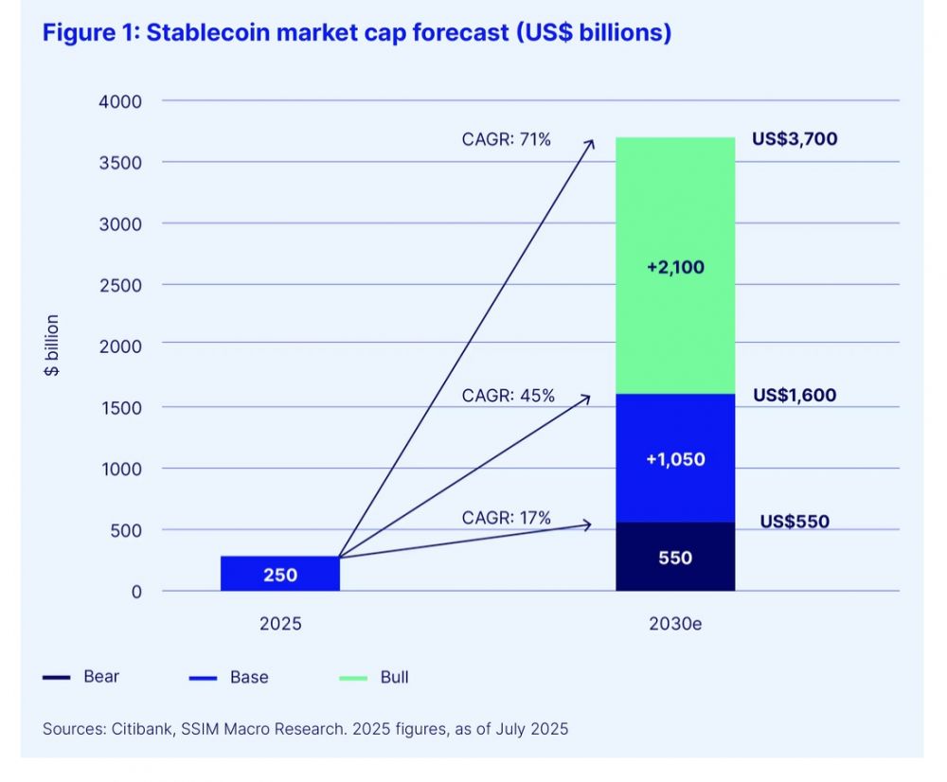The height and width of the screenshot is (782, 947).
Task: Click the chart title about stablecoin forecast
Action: [356, 33]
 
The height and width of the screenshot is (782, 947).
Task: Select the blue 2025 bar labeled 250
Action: [280, 574]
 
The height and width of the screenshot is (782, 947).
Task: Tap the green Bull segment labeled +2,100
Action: [675, 266]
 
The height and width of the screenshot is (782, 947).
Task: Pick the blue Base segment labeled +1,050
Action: [675, 459]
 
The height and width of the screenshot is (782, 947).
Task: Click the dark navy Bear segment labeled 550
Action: [675, 558]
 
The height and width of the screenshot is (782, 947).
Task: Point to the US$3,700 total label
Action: [795, 139]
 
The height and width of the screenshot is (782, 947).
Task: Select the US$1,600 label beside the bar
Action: [795, 395]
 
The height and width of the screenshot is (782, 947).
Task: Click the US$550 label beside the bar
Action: [795, 522]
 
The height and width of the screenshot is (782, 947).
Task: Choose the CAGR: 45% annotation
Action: [506, 396]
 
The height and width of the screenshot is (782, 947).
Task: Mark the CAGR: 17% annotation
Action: [506, 518]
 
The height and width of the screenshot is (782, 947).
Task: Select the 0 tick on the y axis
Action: [135, 592]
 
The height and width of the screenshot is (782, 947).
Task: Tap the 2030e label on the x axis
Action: [675, 626]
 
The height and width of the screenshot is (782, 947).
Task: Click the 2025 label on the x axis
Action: [280, 626]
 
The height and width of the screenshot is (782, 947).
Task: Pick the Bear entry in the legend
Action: [101, 677]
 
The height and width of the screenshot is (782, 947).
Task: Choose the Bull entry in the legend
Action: [394, 677]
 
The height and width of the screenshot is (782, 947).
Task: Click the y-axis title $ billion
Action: [52, 346]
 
